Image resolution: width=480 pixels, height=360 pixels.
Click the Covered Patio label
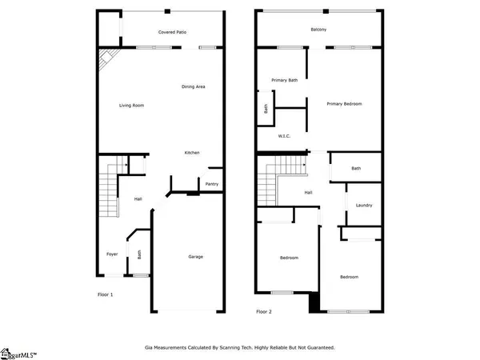point(172,32)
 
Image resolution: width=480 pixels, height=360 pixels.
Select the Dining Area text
point(194,86)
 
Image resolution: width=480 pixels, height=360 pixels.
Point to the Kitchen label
point(192,153)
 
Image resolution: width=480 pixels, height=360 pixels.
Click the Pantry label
point(211,184)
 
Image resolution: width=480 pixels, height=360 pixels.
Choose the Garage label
point(195,257)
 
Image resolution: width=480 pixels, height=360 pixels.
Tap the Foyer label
point(112,254)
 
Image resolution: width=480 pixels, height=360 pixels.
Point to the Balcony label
point(318,30)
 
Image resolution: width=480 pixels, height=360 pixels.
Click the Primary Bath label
point(284,80)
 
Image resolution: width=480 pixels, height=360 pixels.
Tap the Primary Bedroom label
point(345,104)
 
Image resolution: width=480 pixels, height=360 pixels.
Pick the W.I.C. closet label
point(284,136)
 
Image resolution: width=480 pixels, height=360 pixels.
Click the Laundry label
point(365,206)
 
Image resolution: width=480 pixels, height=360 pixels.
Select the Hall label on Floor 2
point(308,193)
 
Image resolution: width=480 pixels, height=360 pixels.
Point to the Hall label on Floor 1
point(138,199)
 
